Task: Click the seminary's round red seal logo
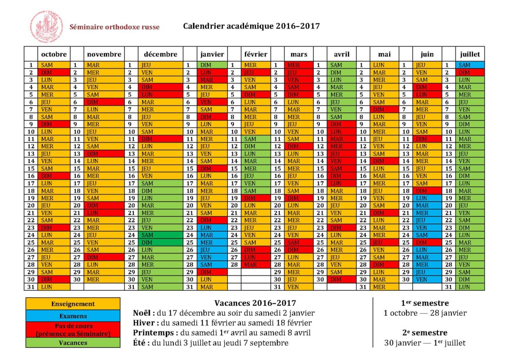click(x=47, y=27)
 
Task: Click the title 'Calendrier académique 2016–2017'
click(x=251, y=26)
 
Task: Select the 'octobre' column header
click(x=53, y=54)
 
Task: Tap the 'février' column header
click(x=255, y=54)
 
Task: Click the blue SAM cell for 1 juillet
click(x=470, y=65)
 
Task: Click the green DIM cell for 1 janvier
click(x=212, y=65)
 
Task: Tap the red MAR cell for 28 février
click(x=255, y=265)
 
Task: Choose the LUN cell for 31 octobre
click(x=53, y=287)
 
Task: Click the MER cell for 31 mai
click(x=384, y=287)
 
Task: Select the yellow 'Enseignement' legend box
click(x=73, y=304)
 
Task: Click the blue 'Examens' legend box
click(x=73, y=316)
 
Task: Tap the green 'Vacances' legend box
click(x=73, y=343)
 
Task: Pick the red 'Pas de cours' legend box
click(x=73, y=329)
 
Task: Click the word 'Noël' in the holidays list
click(x=143, y=313)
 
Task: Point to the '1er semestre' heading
click(x=424, y=302)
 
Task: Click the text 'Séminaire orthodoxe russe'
click(x=115, y=27)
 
